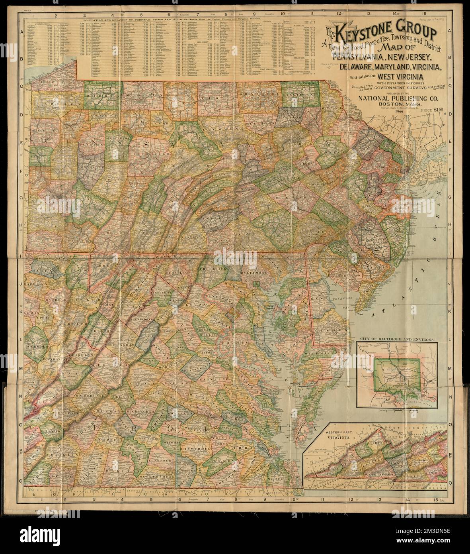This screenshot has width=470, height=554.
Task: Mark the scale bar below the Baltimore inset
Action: pos(384,409)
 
